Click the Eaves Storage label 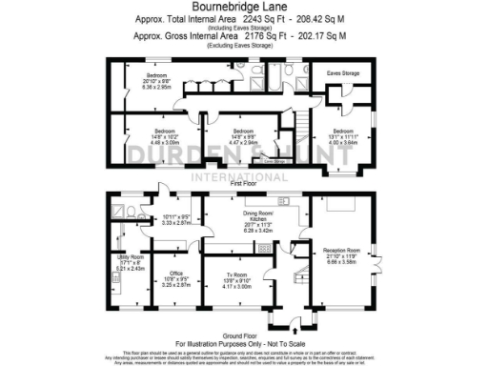(x=343, y=71)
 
